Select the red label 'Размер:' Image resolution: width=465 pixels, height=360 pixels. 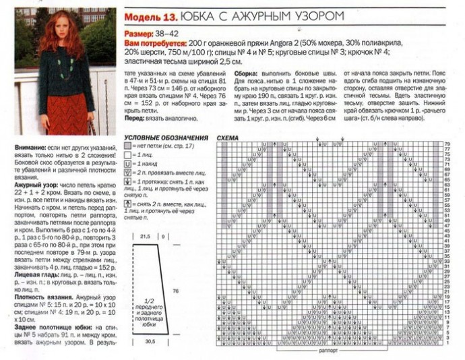(x=137, y=33)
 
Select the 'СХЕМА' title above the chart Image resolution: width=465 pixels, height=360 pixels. (x=227, y=138)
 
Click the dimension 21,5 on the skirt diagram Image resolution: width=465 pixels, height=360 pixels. (x=144, y=237)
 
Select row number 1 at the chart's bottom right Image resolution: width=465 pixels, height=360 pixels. (x=447, y=342)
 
